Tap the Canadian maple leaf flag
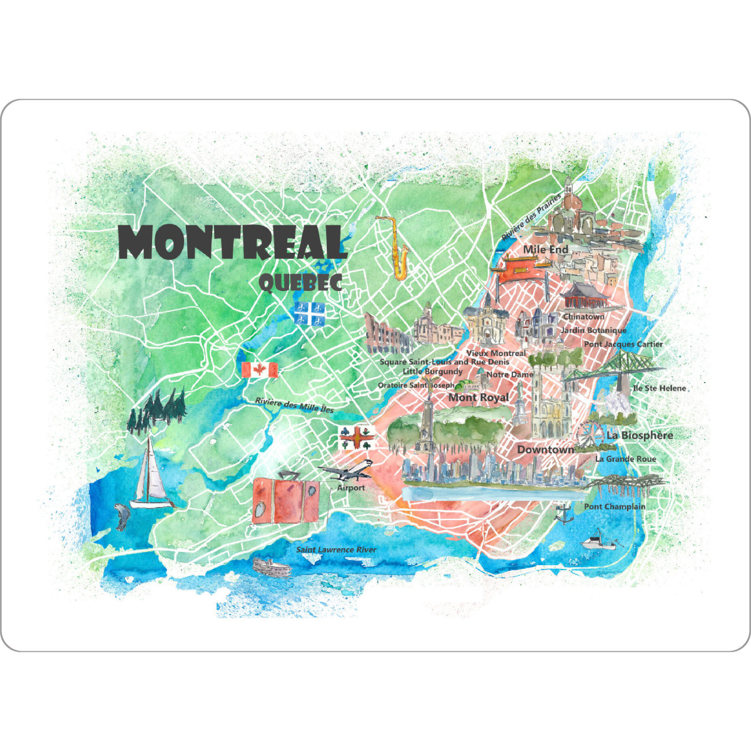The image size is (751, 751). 260,370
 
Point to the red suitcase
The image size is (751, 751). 285,498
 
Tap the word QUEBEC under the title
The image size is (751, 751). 300,283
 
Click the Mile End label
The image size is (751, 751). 546,250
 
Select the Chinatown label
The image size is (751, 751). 584,317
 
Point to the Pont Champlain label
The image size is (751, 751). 615,507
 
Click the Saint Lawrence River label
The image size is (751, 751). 336,550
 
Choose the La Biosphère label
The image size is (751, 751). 640,435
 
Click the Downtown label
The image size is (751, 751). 545,450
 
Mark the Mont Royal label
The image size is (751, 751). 479,397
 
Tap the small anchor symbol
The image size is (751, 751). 563,513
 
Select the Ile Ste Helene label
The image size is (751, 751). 660,388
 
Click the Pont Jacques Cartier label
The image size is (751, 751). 623,344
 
